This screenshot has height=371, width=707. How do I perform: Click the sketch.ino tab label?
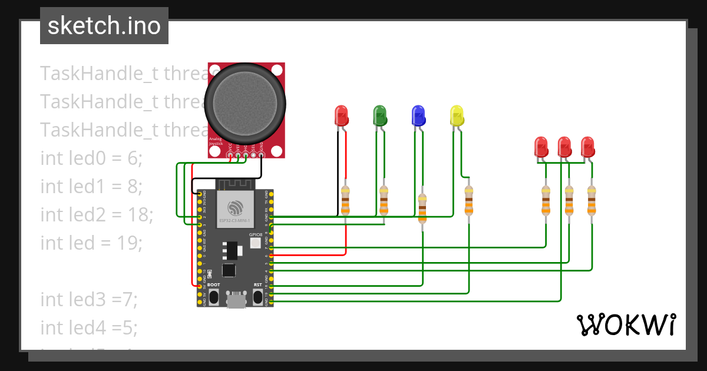coord(104,26)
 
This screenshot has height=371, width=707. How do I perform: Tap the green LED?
coord(380,115)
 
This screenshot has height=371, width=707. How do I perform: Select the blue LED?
coord(418,115)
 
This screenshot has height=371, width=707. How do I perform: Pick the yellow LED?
coord(457,115)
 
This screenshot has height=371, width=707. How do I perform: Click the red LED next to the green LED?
coord(341,115)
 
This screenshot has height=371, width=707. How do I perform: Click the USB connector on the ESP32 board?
coord(237,300)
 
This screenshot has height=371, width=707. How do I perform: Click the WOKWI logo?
coord(626,324)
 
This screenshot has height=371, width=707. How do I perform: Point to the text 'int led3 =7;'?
coord(88,299)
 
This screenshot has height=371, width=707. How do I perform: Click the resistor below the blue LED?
coord(422,208)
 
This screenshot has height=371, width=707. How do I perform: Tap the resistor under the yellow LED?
coord(468,201)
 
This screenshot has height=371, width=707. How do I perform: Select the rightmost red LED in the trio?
coord(587,147)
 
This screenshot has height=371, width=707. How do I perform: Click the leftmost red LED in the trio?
coord(541,147)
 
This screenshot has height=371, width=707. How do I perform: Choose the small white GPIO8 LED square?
coord(255,244)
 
